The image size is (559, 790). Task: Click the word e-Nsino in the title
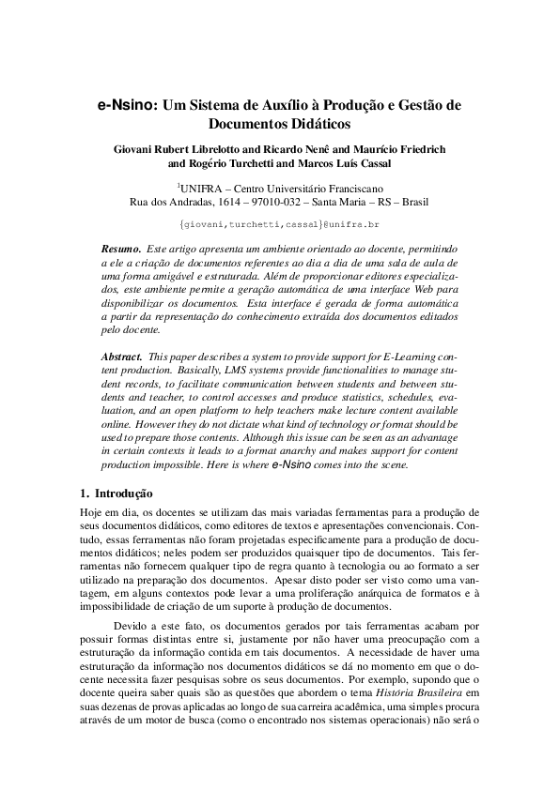(x=127, y=107)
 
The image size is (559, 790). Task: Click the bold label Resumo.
(x=119, y=249)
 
